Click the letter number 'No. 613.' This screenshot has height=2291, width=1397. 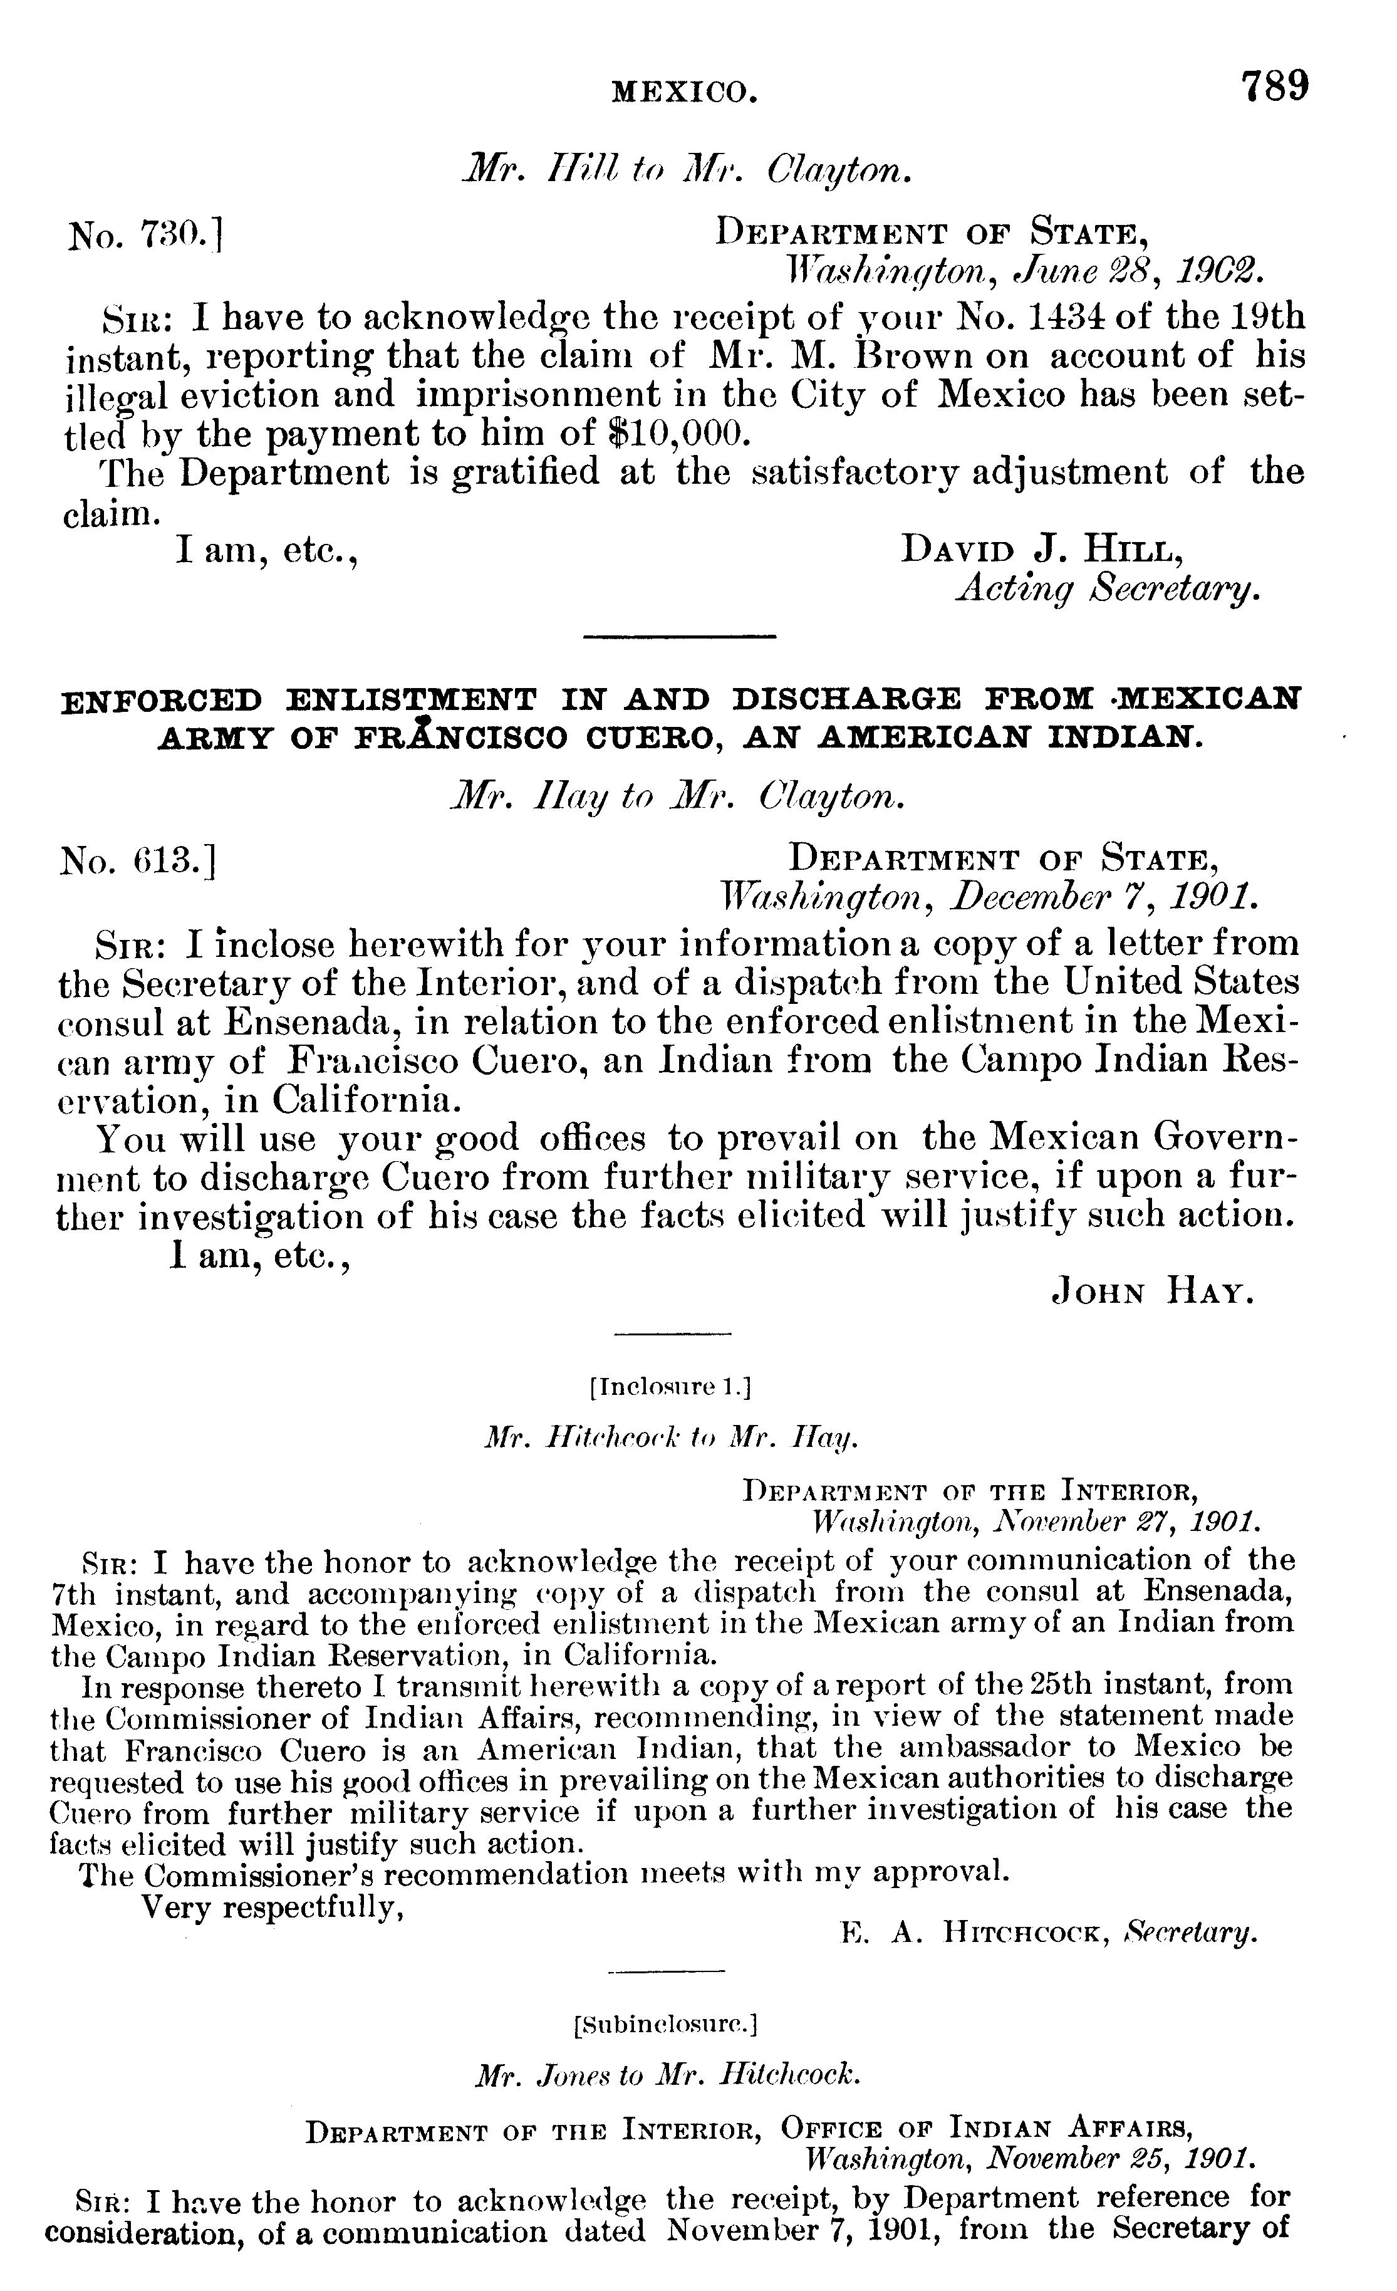point(138,861)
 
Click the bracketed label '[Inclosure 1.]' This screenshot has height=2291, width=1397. point(669,1388)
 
